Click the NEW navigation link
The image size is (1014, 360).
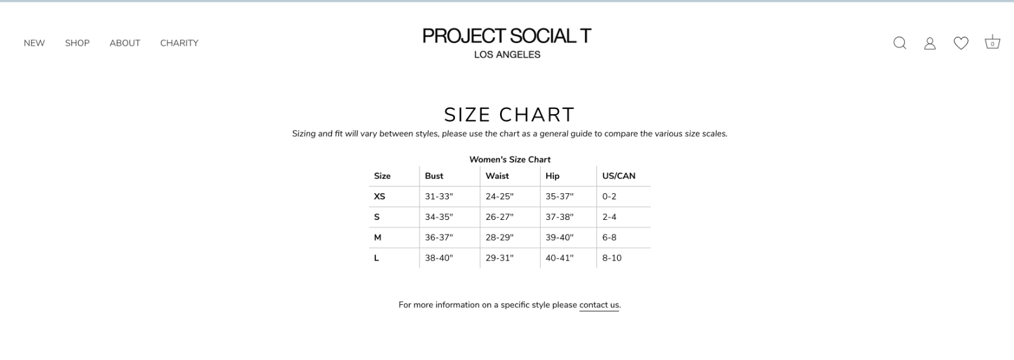(34, 43)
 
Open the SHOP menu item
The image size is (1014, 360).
(77, 43)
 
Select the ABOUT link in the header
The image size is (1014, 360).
(125, 43)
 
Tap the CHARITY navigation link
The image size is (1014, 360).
(179, 43)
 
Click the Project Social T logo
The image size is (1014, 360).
(507, 42)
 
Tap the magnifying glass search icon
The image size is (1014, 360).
(900, 43)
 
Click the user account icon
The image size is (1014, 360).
(930, 44)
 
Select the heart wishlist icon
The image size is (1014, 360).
(961, 43)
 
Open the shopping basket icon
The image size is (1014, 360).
(992, 42)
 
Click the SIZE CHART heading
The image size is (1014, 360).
(510, 115)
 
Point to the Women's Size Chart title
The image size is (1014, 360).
(510, 159)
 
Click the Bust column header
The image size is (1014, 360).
(434, 176)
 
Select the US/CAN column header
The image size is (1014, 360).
(619, 176)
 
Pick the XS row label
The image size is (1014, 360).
(380, 196)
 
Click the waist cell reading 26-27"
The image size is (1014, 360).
(500, 217)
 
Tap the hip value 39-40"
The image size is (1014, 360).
(560, 237)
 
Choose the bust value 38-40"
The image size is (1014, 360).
(439, 258)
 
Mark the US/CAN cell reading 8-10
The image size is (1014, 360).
(612, 258)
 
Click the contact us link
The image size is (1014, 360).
(599, 305)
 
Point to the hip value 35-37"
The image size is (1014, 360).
(560, 196)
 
